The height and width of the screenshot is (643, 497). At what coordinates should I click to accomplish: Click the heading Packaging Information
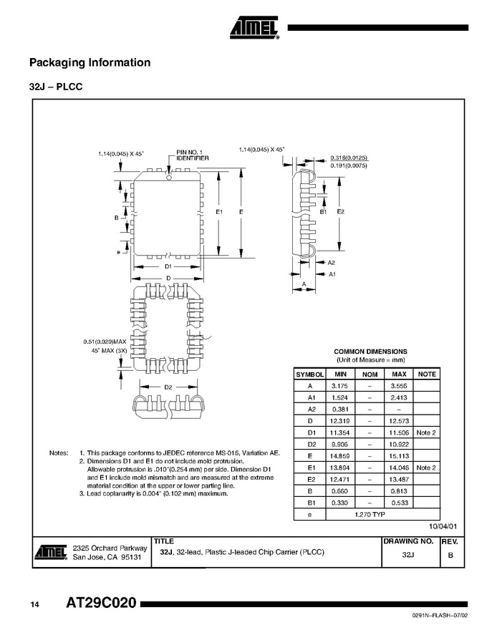tap(90, 62)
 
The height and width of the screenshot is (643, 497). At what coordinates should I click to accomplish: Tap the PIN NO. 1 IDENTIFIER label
tap(193, 155)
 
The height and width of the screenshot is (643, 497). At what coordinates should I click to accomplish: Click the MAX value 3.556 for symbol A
tap(399, 386)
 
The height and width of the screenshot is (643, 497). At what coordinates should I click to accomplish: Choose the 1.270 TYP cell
tap(370, 515)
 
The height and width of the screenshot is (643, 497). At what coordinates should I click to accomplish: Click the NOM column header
tap(370, 374)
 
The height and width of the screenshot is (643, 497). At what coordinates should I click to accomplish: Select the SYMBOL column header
tap(310, 374)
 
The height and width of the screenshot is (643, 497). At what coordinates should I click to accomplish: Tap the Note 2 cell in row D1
tap(426, 432)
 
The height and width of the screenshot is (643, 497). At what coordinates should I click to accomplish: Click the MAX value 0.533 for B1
tap(399, 503)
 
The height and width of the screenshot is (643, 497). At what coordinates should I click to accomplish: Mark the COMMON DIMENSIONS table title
tap(370, 352)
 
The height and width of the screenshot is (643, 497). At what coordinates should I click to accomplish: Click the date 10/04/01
tap(443, 526)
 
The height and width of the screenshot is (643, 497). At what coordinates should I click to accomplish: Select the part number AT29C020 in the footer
tap(101, 603)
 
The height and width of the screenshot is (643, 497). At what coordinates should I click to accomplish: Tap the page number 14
tap(34, 604)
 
